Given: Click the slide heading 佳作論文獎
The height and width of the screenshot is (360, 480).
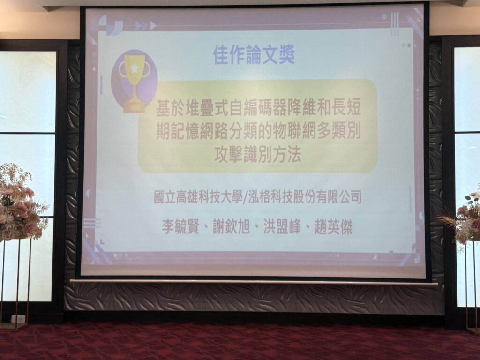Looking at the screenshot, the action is tap(254, 55).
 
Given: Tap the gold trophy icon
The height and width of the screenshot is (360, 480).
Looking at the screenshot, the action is tap(134, 82).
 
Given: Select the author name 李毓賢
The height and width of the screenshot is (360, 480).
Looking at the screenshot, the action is tap(180, 227).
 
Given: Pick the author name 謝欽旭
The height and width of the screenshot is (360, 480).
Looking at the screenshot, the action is tap(231, 227).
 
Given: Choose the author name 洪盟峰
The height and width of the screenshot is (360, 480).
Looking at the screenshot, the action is tap(282, 227).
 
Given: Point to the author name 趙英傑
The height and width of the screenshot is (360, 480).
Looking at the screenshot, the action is tap(334, 227).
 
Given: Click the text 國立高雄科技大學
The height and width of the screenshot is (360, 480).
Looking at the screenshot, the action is tap(198, 197).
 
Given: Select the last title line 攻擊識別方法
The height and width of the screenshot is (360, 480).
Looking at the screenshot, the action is tap(257, 154).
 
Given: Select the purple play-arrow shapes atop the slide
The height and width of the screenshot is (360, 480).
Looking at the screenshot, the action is tap(146, 25).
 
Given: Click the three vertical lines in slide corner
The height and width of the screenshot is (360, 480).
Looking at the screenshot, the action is tap(395, 24).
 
